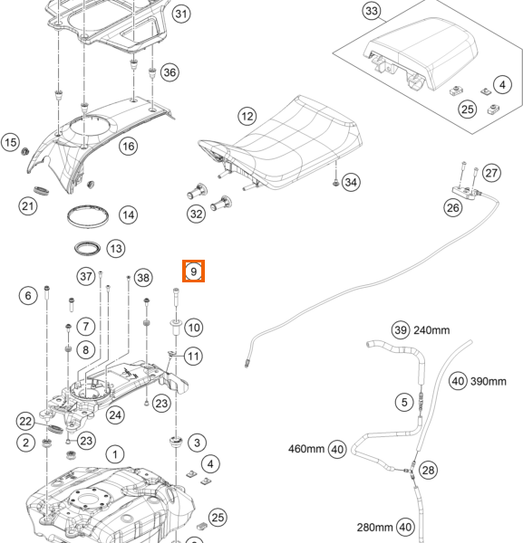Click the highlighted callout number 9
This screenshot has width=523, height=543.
(194, 271)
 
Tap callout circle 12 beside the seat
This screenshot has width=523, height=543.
(247, 116)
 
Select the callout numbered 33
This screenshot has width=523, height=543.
(372, 11)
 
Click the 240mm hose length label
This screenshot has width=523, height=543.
(431, 330)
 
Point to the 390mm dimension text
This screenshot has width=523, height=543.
(488, 381)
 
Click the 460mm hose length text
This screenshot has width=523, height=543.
(306, 449)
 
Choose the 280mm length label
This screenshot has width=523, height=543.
(375, 528)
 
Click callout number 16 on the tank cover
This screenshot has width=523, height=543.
(129, 146)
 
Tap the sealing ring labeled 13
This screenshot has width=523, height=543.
(87, 248)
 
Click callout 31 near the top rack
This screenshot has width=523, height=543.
(181, 14)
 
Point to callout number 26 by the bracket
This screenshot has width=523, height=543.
(453, 208)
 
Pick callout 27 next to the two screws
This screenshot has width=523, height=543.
(491, 173)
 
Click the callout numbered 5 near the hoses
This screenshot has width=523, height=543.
(404, 402)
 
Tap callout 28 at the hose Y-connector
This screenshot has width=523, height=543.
(428, 470)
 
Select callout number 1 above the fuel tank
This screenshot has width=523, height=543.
(115, 454)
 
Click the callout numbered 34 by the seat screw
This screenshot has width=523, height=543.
(351, 182)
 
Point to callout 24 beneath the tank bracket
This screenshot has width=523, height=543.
(115, 414)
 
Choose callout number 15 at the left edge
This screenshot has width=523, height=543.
(10, 142)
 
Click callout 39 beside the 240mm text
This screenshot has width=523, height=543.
(401, 329)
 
